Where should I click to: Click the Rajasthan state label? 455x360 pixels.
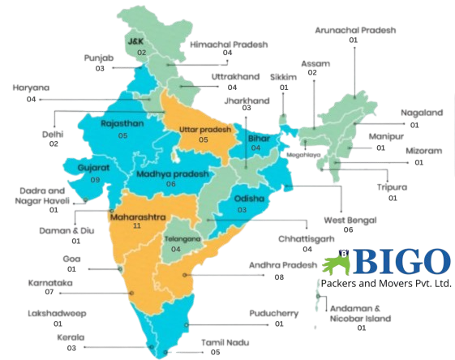pos(122,124)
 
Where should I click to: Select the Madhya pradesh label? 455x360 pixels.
pos(172,174)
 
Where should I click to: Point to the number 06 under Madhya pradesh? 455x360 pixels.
pos(170,185)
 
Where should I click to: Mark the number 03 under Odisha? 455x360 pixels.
pos(242,210)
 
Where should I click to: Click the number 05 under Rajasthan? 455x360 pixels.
pos(122,135)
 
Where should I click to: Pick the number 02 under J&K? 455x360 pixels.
pos(141,52)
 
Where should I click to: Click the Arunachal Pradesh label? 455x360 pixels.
pos(354,30)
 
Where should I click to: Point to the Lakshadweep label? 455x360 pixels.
pos(57,313)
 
